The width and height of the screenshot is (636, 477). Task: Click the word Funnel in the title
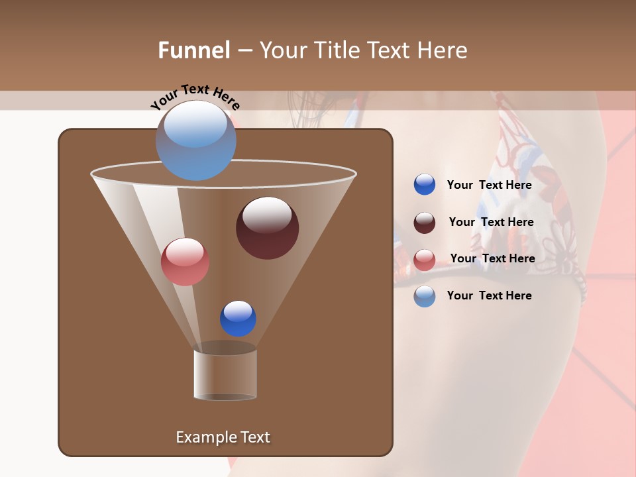(194, 50)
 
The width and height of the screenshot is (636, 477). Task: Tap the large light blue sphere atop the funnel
(195, 140)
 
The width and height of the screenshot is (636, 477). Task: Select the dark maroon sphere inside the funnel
(267, 228)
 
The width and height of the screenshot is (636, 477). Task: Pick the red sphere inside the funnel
(185, 262)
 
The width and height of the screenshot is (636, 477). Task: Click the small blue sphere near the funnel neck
(238, 318)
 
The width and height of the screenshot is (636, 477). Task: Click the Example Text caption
(223, 437)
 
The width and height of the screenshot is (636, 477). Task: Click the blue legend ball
(425, 185)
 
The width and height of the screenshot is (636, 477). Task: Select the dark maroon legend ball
(425, 223)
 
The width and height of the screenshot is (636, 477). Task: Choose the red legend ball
(425, 260)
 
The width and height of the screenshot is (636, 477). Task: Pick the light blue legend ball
(425, 296)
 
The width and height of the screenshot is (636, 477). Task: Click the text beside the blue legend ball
(489, 185)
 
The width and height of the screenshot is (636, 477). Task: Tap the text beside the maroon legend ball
(491, 223)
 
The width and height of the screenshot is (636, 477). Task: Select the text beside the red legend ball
(492, 259)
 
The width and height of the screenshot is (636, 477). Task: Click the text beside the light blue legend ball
(489, 295)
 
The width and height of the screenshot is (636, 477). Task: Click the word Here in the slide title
(443, 50)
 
